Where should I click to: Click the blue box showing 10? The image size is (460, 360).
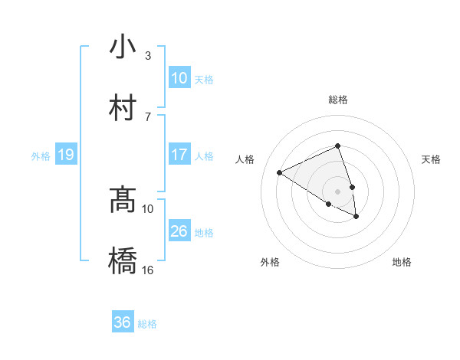click(x=179, y=78)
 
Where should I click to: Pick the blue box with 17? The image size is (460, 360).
click(x=179, y=155)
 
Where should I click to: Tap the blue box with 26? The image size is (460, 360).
click(x=179, y=231)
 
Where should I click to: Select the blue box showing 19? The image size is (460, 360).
click(x=66, y=155)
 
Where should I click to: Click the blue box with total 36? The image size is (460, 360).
click(x=123, y=322)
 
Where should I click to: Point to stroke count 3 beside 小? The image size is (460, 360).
click(x=148, y=56)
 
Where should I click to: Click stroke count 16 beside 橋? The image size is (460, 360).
click(x=148, y=270)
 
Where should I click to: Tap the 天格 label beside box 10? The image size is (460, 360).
click(x=204, y=79)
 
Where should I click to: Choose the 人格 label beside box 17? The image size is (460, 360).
click(x=204, y=155)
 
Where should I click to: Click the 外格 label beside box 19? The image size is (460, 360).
click(x=41, y=156)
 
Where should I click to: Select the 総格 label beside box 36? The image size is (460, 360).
click(x=147, y=324)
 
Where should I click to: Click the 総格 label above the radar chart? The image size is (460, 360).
click(x=337, y=100)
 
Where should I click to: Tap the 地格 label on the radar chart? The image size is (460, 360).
click(x=402, y=262)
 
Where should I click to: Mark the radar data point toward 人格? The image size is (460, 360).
click(x=280, y=173)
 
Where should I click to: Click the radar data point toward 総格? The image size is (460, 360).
click(x=337, y=146)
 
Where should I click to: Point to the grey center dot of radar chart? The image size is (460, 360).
click(x=337, y=191)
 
